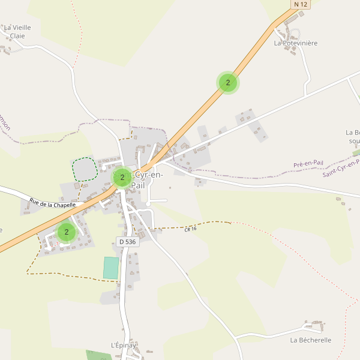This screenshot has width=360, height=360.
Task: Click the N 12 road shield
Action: tap(301, 5)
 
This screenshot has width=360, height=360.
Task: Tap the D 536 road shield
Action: tap(127, 242)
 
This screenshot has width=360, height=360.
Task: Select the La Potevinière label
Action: tap(295, 43)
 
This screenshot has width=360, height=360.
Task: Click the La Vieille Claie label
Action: tap(17, 31)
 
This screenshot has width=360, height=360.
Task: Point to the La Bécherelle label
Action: tap(310, 340)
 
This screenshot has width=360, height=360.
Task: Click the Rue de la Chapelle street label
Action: tap(53, 204)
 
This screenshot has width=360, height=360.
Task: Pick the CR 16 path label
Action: tap(191, 228)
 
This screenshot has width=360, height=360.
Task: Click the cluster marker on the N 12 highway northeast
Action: tap(228, 83)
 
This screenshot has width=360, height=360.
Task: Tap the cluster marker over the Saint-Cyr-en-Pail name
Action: tap(122, 178)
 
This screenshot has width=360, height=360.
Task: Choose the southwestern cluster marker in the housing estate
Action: tap(67, 232)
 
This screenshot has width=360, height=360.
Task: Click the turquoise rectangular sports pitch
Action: tap(111, 268)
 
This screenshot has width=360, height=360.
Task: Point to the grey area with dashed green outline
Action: tap(85, 169)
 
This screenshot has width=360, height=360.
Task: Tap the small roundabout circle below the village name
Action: tap(148, 205)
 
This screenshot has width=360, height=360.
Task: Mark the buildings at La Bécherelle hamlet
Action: tap(315, 326)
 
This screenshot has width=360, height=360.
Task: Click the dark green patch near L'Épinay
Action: tap(96, 355)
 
